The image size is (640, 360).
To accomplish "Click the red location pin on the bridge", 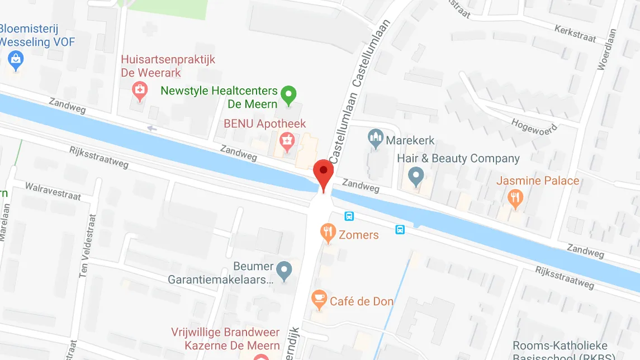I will tap(324, 172).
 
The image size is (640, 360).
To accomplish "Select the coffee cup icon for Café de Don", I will tap(319, 300).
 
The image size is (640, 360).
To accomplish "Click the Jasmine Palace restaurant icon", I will tap(515, 197).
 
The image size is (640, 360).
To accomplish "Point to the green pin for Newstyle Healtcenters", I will tap(288, 95).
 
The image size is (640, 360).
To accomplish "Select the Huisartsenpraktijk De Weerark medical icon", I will tap(139, 90).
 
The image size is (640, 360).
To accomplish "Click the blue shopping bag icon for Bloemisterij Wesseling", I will tap(16, 59).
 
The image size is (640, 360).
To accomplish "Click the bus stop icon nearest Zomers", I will tap(349, 216).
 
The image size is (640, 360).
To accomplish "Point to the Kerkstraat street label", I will tap(575, 33).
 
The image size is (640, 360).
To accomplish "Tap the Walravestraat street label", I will tap(53, 191).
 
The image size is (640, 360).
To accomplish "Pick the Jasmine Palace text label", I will tap(538, 181).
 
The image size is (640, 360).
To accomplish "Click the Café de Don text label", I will tap(362, 301).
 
